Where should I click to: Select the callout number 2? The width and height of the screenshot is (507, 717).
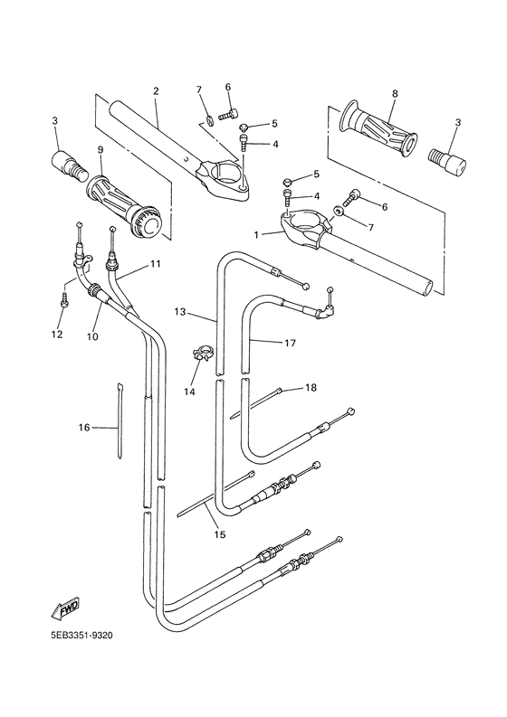[x=156, y=91]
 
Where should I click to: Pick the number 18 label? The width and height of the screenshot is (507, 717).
[x=311, y=388]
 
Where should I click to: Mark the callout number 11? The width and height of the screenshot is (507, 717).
[x=155, y=264]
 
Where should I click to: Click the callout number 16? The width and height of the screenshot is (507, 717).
[x=84, y=427]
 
